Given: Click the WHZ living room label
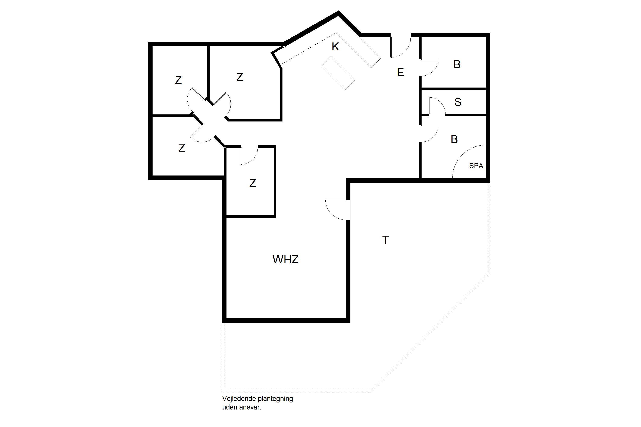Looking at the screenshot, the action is (285, 260).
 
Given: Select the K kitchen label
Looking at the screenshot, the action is (335, 47).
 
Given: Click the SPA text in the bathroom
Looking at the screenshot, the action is (476, 166).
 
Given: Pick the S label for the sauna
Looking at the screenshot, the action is (458, 102).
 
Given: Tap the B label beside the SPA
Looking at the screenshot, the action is (454, 139).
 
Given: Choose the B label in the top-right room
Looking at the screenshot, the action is (457, 64).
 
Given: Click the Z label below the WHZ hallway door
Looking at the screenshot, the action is (253, 183).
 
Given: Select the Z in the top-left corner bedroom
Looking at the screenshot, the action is (178, 80).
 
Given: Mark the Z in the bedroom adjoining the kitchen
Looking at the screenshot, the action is (240, 77).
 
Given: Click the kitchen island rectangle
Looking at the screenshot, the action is (338, 73).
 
